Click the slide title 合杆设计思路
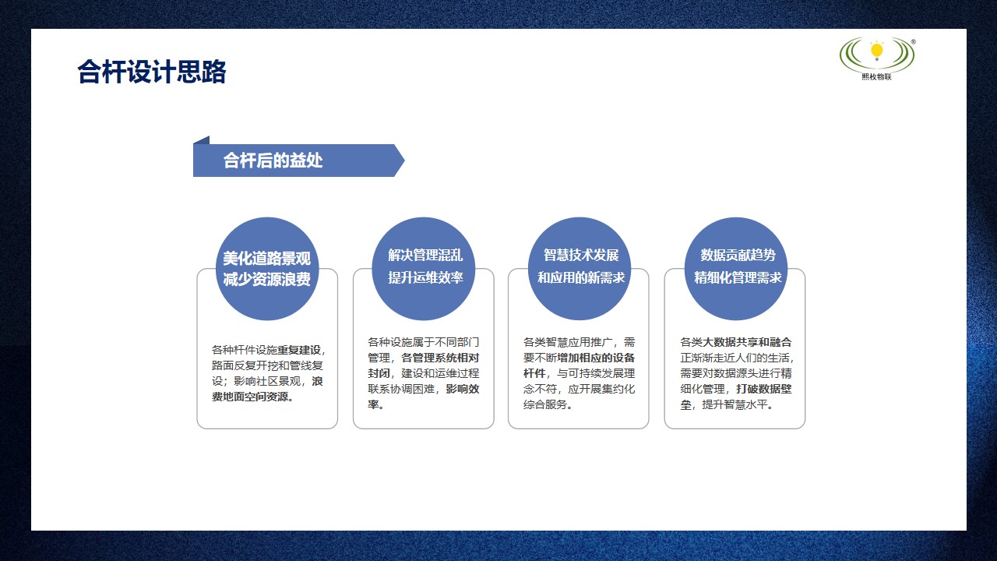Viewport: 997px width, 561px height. click(x=152, y=72)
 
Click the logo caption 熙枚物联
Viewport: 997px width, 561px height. click(x=876, y=76)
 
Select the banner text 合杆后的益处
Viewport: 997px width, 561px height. click(x=273, y=161)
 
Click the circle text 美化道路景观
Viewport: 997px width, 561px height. click(x=266, y=259)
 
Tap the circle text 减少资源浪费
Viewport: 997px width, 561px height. click(x=266, y=279)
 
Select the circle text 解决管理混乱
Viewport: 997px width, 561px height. click(x=425, y=255)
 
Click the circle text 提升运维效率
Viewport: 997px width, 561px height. click(x=425, y=277)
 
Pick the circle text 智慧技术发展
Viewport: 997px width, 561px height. click(x=581, y=255)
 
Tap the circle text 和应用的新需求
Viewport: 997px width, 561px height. click(x=581, y=277)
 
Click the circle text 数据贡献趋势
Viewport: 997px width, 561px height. click(x=738, y=255)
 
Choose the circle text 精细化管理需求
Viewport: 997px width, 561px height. click(x=738, y=277)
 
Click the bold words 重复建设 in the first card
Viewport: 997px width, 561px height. click(x=299, y=350)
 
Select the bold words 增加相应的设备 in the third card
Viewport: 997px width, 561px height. click(x=596, y=358)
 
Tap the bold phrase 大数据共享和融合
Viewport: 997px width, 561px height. click(x=748, y=342)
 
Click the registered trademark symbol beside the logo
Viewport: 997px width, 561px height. click(x=913, y=41)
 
